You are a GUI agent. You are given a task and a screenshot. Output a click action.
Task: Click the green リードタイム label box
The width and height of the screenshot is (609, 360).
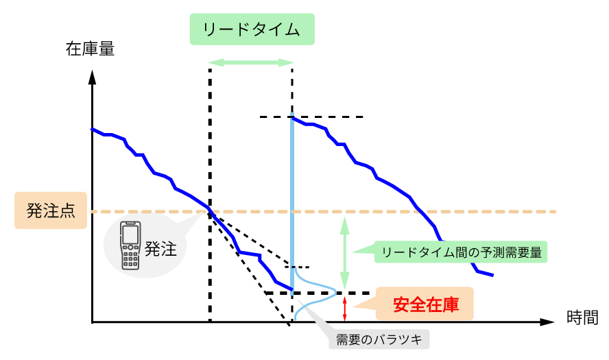click(252, 29)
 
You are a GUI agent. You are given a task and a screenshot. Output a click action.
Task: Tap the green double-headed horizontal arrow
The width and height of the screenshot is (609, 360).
click(251, 62)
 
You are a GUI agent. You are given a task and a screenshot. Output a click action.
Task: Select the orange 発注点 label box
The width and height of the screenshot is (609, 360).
click(51, 211)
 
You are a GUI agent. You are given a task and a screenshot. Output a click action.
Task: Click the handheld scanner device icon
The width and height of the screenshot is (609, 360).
click(130, 245)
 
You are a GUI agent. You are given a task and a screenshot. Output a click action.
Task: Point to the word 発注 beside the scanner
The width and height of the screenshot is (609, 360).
click(160, 248)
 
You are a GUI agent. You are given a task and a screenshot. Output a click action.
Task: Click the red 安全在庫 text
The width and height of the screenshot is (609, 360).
click(425, 304)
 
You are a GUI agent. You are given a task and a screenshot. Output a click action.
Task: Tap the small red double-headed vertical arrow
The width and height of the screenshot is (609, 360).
click(345, 309)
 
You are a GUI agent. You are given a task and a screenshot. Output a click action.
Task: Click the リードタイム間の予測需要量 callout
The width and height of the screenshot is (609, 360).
click(461, 252)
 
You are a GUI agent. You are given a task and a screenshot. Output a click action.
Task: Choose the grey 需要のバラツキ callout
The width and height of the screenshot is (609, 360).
click(379, 339)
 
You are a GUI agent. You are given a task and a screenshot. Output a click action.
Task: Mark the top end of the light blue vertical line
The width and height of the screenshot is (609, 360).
click(293, 115)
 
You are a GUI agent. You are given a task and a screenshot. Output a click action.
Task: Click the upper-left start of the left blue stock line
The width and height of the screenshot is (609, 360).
click(92, 129)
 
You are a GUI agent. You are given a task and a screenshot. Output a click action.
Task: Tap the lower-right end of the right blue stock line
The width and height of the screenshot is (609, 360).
click(492, 275)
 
